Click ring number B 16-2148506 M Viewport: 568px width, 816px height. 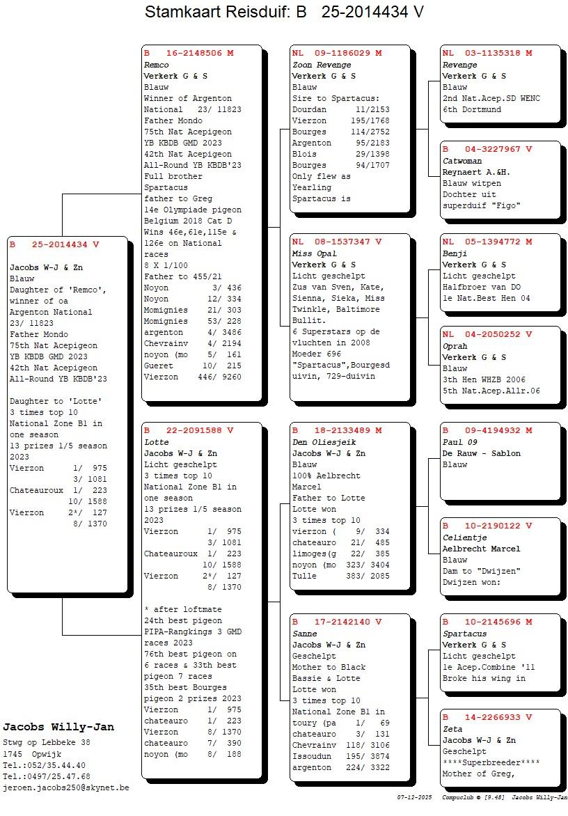(x=189, y=53)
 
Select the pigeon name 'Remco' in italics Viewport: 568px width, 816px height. (x=156, y=65)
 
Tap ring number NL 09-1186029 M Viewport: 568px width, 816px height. (x=337, y=53)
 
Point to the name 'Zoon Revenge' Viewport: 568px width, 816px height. (x=322, y=65)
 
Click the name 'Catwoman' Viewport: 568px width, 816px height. (x=462, y=161)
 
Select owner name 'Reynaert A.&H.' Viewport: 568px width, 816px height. (x=476, y=172)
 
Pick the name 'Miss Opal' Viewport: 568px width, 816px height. (x=314, y=253)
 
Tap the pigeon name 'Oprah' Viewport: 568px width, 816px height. (x=455, y=346)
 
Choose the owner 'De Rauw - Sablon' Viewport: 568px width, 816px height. (x=482, y=453)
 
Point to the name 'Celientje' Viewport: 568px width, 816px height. (x=465, y=538)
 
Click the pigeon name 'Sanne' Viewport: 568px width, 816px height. (x=305, y=634)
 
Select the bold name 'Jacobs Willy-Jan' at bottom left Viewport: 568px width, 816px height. (x=58, y=727)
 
